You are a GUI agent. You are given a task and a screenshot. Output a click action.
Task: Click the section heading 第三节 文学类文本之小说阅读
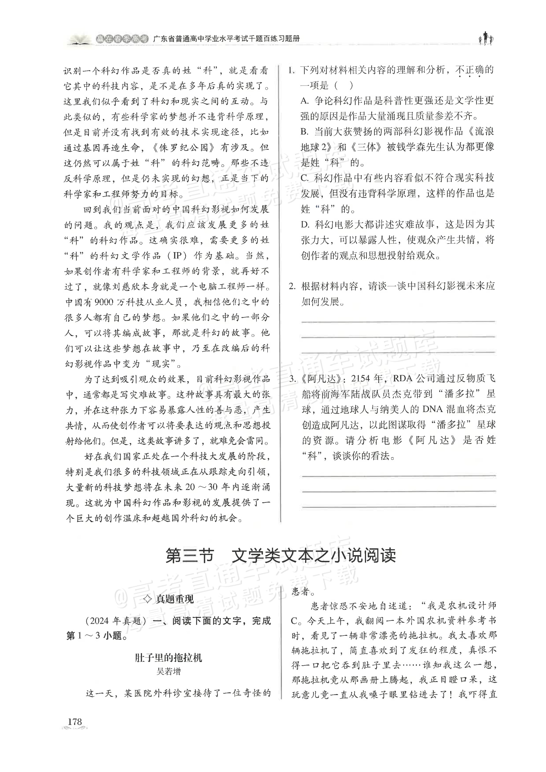(x=281, y=555)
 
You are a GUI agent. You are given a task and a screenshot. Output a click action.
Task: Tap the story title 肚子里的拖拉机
(x=168, y=657)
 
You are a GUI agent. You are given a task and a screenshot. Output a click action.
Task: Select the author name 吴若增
(x=168, y=671)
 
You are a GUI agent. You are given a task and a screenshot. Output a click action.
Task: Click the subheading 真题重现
(x=174, y=599)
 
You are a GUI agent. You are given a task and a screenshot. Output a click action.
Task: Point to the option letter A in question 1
(x=304, y=100)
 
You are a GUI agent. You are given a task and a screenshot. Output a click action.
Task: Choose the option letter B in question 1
(x=304, y=132)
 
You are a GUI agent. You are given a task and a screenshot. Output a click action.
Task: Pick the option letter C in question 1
(x=304, y=178)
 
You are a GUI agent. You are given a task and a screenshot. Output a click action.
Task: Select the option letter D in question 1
(x=305, y=224)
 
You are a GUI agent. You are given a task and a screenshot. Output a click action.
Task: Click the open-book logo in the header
(x=79, y=40)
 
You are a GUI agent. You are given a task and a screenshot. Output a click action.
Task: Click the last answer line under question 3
(x=399, y=506)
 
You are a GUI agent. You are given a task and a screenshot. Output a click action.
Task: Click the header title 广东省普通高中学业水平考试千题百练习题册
(x=226, y=39)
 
